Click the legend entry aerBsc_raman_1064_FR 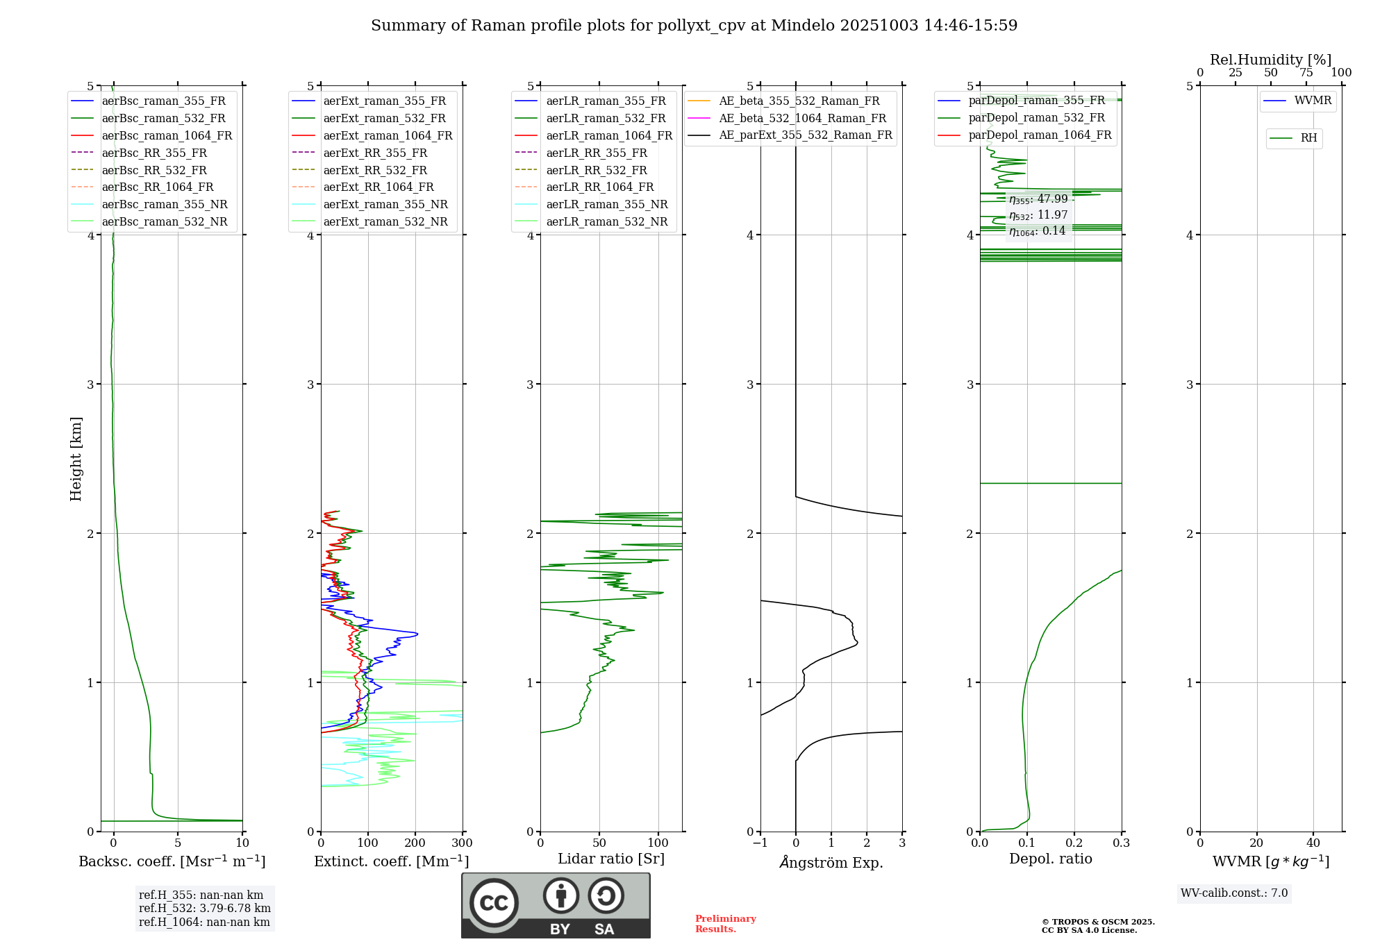(167, 135)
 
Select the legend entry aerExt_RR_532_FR (375, 170)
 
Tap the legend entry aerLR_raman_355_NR (606, 204)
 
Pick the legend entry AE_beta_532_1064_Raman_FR (802, 118)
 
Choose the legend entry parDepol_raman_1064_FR (1040, 135)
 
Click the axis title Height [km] (76, 459)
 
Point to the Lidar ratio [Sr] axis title (611, 859)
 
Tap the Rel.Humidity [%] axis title (1270, 60)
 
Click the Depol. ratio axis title (1050, 859)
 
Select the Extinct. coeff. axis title (391, 861)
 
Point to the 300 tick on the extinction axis (462, 843)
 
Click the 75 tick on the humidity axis (1306, 73)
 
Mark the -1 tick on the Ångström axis (760, 843)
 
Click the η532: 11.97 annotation (1038, 215)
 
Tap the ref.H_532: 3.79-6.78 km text (204, 908)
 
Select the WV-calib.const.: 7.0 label (1234, 893)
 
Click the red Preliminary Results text (725, 923)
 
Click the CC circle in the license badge (494, 902)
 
